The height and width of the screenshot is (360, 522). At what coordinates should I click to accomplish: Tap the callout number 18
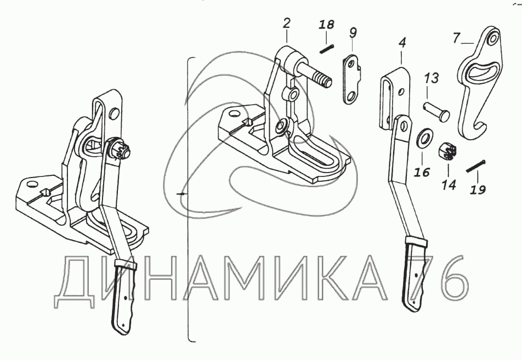[326, 25]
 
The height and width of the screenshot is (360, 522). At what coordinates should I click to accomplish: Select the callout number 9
[353, 33]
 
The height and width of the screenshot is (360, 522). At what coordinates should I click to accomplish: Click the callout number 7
[456, 38]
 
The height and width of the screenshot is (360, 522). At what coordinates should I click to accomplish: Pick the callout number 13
[432, 78]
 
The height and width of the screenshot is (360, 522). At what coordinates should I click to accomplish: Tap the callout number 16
[421, 172]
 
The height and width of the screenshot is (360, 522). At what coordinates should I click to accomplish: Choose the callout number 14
[449, 185]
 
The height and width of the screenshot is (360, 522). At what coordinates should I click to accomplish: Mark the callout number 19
[478, 190]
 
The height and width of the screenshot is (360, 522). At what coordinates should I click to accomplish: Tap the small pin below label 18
[327, 48]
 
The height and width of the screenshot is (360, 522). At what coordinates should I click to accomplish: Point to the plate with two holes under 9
[351, 79]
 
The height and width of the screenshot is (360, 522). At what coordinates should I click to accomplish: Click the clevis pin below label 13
[436, 112]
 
